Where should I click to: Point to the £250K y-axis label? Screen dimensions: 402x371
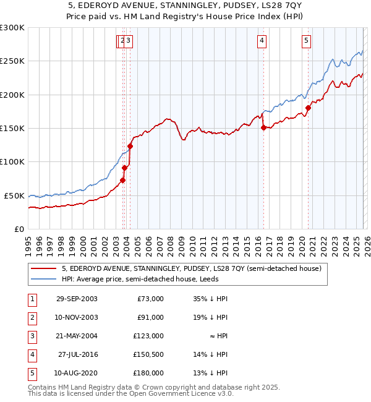tap(12, 61)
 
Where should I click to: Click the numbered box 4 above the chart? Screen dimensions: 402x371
tap(262, 41)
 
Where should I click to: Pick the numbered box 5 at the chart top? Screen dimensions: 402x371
tap(307, 41)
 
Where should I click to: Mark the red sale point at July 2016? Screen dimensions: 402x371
tap(263, 128)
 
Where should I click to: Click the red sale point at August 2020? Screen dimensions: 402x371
tap(308, 108)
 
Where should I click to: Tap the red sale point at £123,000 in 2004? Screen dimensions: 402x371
tap(130, 147)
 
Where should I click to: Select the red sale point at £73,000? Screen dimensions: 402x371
tap(122, 180)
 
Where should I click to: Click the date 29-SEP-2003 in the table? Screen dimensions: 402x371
tap(77, 299)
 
